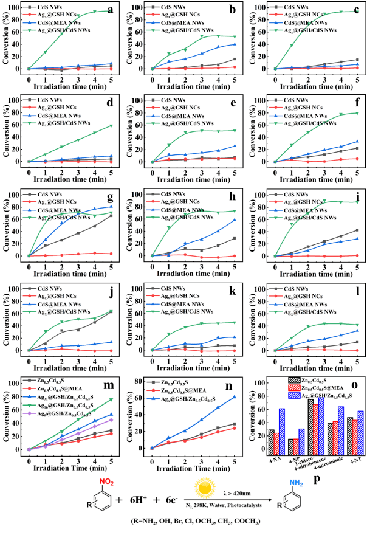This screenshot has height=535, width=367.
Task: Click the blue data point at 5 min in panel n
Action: (235, 397)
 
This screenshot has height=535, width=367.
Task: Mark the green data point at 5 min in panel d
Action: (111, 126)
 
